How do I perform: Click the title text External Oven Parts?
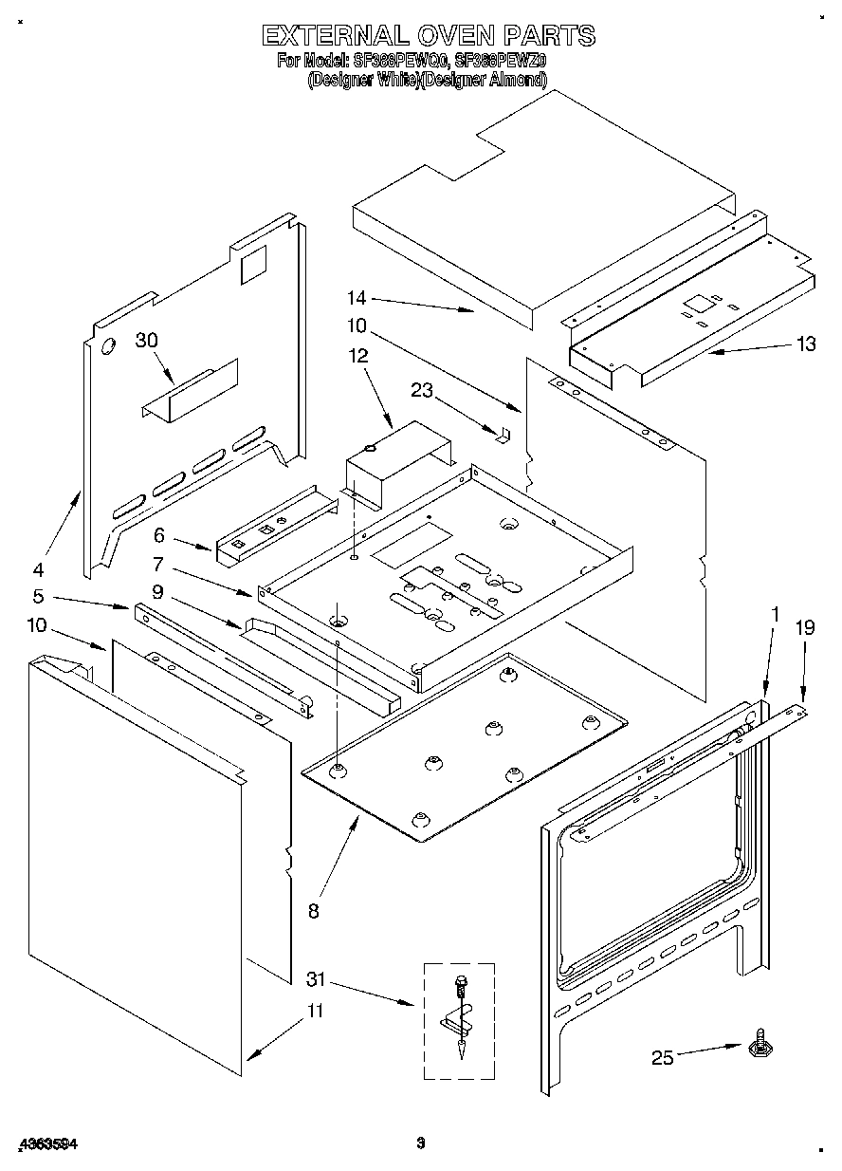428,36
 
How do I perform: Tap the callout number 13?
805,344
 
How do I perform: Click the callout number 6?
159,534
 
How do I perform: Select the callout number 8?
313,911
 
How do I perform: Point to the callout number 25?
662,1056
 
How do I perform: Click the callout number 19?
804,627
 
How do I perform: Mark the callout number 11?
313,1012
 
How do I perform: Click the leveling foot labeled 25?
759,1046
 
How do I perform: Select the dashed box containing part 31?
459,1020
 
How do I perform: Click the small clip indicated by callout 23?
503,433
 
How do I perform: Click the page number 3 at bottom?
420,1144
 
